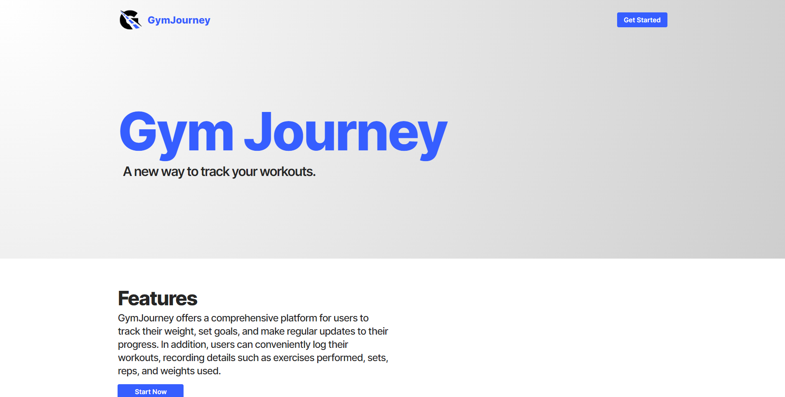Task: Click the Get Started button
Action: (642, 20)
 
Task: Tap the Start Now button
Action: (151, 391)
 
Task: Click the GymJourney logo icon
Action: (130, 20)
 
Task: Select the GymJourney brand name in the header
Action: (179, 20)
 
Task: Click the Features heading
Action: (158, 298)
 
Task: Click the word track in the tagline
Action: (215, 171)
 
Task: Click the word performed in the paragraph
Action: (340, 358)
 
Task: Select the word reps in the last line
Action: (127, 371)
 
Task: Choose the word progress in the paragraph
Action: (137, 345)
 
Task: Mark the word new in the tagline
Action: (146, 172)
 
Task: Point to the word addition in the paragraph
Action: (189, 345)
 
